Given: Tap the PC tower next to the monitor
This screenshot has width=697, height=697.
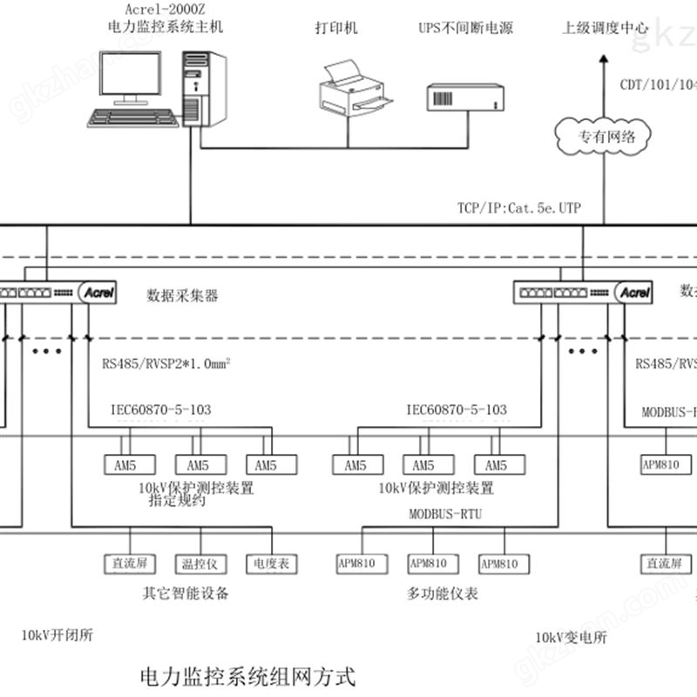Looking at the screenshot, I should point(204,87).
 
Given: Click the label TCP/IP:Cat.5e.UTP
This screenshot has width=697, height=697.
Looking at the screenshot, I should point(518,208).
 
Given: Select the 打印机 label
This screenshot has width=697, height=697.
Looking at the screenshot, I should point(336,28).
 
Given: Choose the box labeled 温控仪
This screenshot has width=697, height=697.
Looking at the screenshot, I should point(198,564).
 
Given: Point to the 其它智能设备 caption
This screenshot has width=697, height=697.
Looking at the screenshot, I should point(186,594).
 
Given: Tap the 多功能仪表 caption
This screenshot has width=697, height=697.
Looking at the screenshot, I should point(443,594).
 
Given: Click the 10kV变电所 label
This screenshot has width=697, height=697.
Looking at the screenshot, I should point(572,637).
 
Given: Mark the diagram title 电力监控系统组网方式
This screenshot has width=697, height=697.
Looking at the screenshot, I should point(247,675).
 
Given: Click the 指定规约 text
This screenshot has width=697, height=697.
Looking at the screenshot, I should point(177,501).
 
